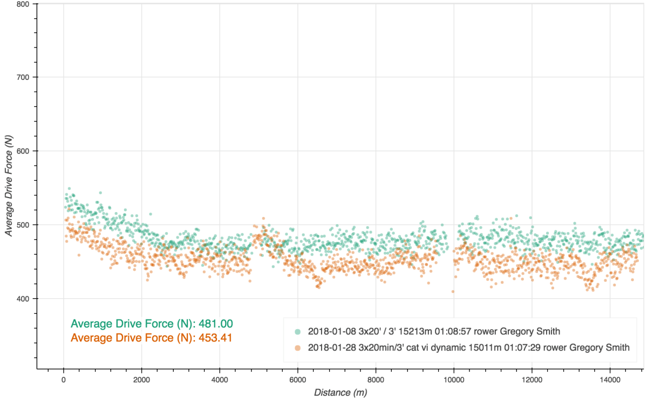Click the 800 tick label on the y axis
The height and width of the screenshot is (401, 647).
(23, 4)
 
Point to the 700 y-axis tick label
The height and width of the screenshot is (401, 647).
(23, 77)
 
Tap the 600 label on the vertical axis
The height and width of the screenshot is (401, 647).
(23, 151)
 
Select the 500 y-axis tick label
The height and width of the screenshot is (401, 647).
(23, 225)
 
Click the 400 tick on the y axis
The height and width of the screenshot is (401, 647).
(23, 298)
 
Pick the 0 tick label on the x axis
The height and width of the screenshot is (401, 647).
(64, 379)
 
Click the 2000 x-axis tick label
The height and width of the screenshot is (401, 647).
(141, 379)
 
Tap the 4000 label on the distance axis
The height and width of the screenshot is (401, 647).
(220, 379)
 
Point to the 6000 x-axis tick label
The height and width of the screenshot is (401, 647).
(298, 379)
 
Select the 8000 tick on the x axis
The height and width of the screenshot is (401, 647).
(376, 379)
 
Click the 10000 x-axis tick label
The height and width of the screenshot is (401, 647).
(454, 379)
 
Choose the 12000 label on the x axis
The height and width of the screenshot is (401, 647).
(532, 379)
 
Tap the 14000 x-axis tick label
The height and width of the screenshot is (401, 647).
(610, 379)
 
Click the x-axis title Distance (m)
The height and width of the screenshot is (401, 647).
(340, 393)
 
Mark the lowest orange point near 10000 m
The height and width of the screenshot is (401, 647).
(453, 291)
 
